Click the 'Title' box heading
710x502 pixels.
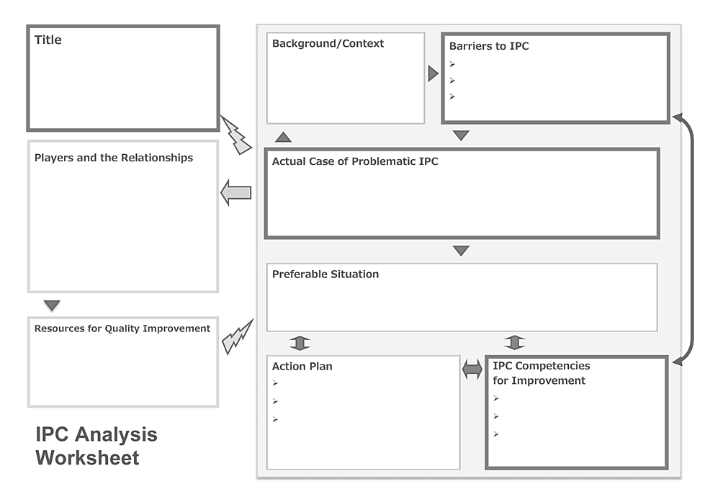(48, 40)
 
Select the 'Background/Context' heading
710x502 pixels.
(328, 44)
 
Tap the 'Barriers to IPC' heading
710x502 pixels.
(489, 46)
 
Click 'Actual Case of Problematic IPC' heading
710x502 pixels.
(355, 162)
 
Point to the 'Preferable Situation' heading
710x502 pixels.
(325, 274)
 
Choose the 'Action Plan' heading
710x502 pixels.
(302, 367)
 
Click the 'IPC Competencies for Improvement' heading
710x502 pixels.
(541, 373)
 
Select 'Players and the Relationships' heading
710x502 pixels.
(114, 158)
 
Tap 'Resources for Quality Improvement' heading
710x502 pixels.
(122, 328)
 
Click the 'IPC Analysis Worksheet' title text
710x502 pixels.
(96, 446)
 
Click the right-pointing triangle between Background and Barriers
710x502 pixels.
(433, 73)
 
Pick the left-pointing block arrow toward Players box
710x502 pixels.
(235, 192)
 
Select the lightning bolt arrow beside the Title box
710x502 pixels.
(235, 135)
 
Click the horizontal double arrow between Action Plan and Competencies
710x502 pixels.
(472, 370)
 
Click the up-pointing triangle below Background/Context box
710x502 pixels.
(284, 137)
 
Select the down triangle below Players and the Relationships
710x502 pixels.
(52, 306)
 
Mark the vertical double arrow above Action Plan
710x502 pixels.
(300, 343)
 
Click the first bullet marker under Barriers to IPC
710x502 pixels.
(452, 64)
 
